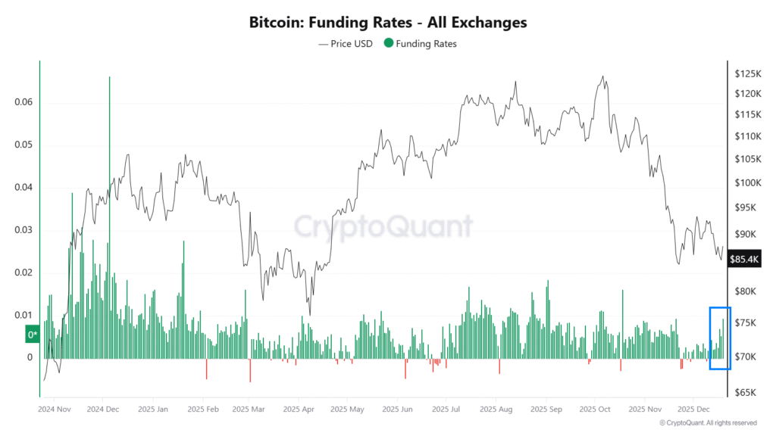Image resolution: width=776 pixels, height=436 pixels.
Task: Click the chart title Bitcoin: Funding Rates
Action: click(387, 23)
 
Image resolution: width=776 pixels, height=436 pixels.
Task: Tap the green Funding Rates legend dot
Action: click(389, 44)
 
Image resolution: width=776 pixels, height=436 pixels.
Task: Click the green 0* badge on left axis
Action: click(33, 334)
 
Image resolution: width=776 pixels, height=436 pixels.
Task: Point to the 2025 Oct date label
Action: click(594, 410)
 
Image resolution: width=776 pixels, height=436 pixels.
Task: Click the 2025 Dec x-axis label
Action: click(693, 410)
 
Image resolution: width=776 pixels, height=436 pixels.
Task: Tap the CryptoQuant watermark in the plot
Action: click(383, 226)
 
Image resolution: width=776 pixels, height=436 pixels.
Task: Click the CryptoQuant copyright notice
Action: click(708, 423)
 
